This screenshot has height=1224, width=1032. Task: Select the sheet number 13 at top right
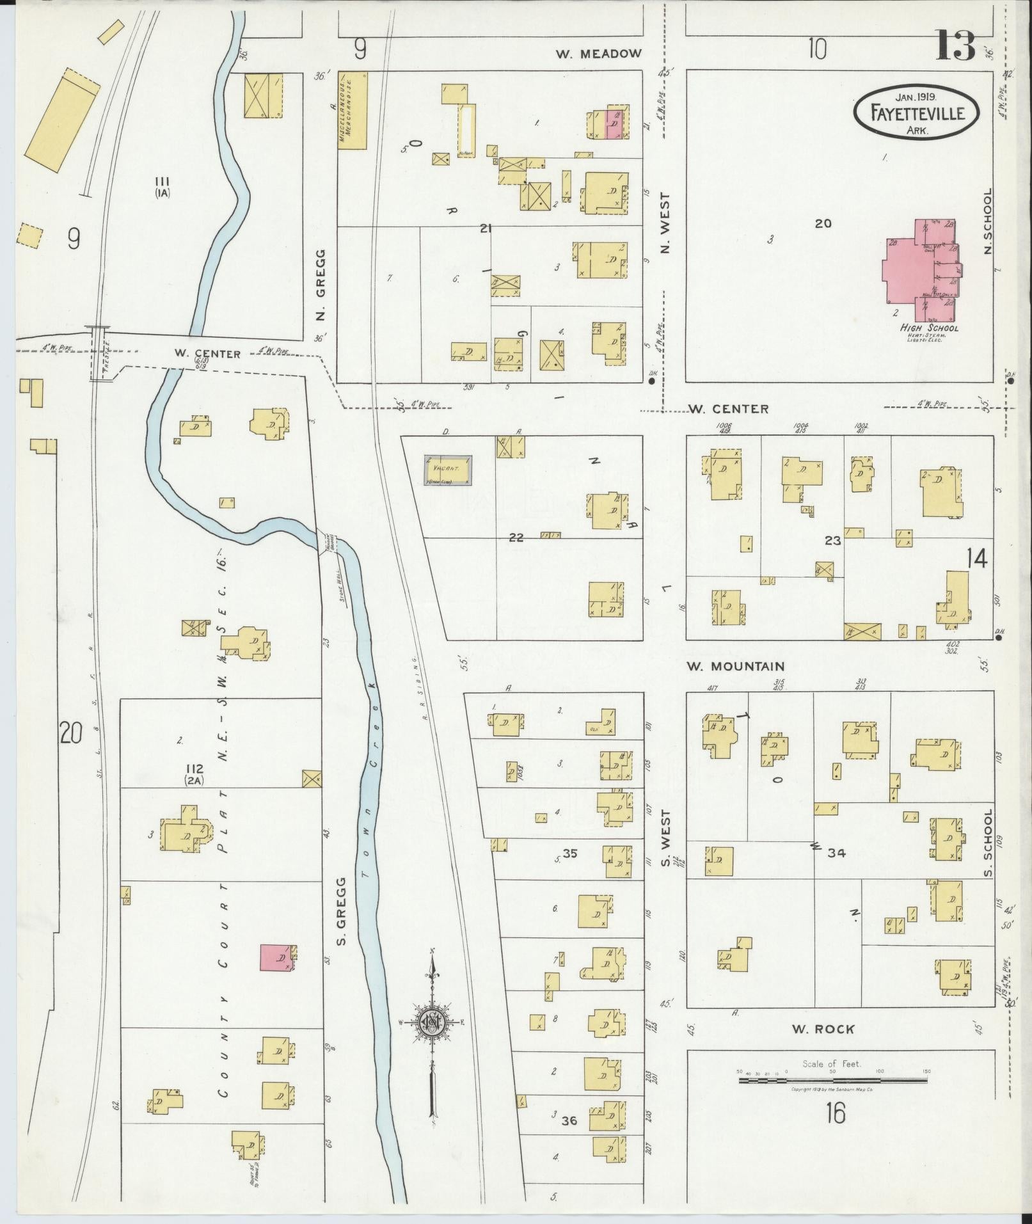[x=956, y=46]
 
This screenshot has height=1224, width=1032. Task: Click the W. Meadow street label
[x=598, y=54]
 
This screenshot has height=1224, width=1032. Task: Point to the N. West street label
[x=665, y=223]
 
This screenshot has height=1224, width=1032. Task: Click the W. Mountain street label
[x=735, y=666]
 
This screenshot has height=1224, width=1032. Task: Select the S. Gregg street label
[x=342, y=912]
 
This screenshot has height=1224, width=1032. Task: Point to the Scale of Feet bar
[x=832, y=1080]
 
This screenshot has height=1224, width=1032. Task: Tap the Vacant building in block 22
[x=448, y=470]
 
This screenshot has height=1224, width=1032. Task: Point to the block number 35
[x=569, y=852]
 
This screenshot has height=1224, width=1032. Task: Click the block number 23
[x=832, y=541]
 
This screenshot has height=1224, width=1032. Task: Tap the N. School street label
[x=987, y=221]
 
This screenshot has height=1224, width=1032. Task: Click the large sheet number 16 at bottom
[x=835, y=1131]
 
